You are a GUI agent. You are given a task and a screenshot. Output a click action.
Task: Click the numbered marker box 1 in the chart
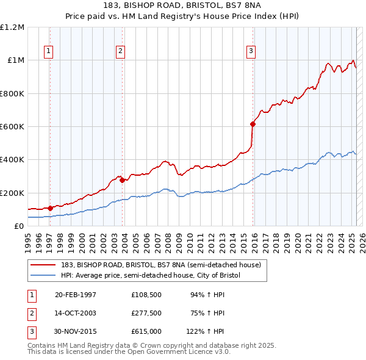coord(48,51)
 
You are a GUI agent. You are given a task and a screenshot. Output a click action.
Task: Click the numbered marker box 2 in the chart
coord(121,51)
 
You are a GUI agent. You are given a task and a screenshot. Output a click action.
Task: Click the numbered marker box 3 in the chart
coord(251,51)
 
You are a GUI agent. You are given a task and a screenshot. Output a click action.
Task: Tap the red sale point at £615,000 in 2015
coord(253,124)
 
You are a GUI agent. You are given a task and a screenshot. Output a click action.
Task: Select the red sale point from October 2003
coord(122,180)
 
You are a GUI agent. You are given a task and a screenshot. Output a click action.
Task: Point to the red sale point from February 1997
coord(51,208)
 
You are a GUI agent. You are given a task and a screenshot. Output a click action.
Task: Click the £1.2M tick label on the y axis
coord(12,27)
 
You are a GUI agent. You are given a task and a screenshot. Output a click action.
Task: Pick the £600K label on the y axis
coord(12,127)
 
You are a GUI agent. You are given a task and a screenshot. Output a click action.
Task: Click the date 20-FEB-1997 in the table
coord(76,295)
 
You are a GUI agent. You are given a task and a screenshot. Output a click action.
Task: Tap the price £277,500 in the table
coord(146,313)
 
